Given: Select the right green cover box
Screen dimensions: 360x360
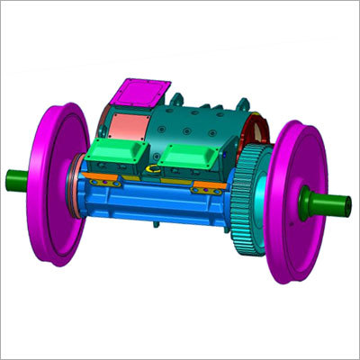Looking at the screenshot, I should (197, 159).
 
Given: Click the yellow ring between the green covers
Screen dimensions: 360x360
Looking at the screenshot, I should (155, 167).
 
